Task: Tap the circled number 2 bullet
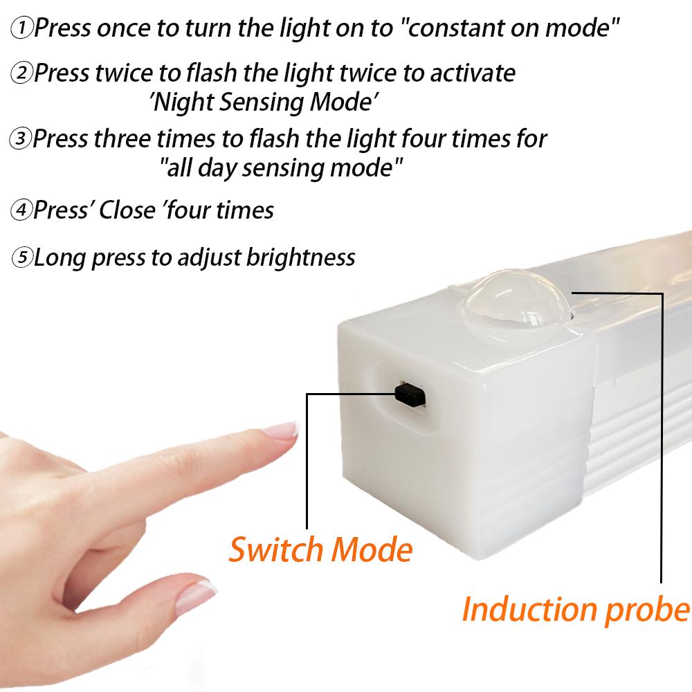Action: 22,73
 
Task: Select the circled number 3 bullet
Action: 21,139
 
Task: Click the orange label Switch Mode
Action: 320,550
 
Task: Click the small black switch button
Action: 409,394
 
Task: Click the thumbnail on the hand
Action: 196,594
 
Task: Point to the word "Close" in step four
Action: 130,210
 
